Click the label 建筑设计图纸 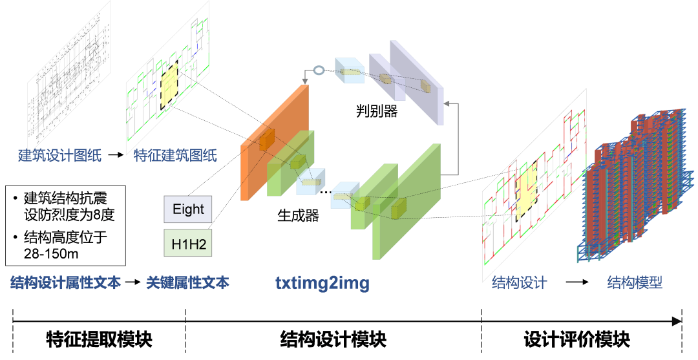point(59,156)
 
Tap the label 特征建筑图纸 point(175,156)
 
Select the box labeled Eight point(187,209)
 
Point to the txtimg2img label point(323,283)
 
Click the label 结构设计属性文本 point(66,283)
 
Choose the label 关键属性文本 point(187,283)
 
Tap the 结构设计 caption point(520,283)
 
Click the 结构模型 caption point(635,283)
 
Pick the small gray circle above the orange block point(318,70)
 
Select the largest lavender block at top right point(423,81)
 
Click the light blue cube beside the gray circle point(350,70)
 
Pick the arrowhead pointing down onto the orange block point(304,82)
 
